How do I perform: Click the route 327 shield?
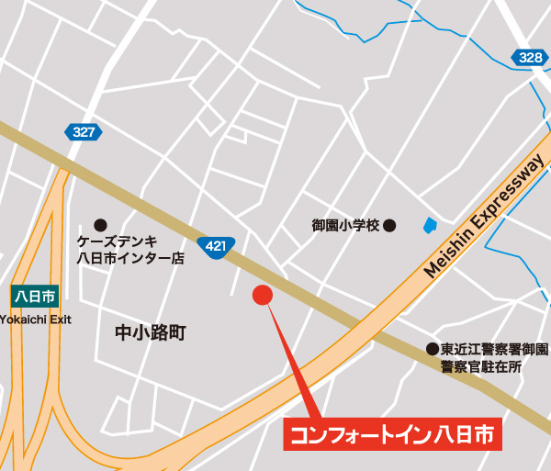click(x=83, y=132)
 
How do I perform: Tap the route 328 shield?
click(x=530, y=57)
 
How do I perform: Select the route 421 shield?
click(x=216, y=245)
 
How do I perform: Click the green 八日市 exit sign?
click(x=35, y=297)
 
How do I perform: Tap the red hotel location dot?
click(x=263, y=296)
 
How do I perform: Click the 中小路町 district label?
click(x=151, y=332)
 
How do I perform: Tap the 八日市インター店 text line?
click(x=130, y=259)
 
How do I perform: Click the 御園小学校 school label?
click(x=344, y=225)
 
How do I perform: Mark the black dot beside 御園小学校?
click(x=389, y=224)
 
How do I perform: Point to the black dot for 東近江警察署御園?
click(x=431, y=349)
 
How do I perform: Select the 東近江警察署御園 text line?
click(x=494, y=350)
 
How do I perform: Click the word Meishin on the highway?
click(x=448, y=254)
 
